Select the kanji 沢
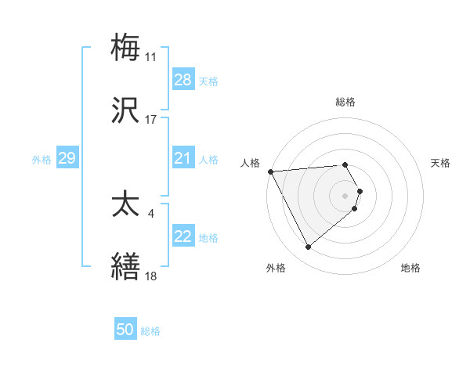(x=125, y=111)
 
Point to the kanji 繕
(x=125, y=267)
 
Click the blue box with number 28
(x=183, y=80)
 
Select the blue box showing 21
(x=183, y=158)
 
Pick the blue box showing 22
(x=183, y=236)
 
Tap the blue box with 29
(x=67, y=158)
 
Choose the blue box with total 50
(x=125, y=330)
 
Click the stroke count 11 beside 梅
(x=150, y=57)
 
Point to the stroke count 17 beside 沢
(x=150, y=121)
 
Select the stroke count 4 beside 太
(x=150, y=213)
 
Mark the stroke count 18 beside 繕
(x=150, y=276)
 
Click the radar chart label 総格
(x=345, y=102)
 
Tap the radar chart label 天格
(x=441, y=163)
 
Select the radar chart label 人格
(x=249, y=163)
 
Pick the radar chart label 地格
(x=410, y=268)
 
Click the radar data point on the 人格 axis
(x=270, y=171)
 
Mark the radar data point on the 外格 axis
(x=308, y=247)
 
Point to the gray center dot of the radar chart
(x=345, y=195)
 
